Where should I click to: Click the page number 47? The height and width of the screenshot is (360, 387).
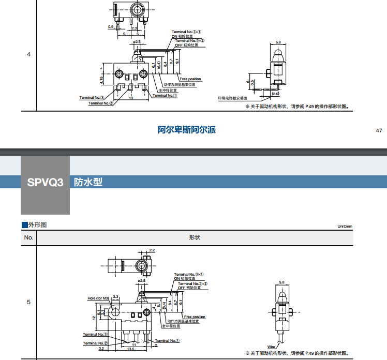(x=379, y=130)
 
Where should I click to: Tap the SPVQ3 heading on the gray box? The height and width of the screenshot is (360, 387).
(x=45, y=182)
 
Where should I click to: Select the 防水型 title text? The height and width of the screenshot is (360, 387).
(x=88, y=182)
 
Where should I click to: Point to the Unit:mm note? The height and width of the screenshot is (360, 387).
(x=345, y=226)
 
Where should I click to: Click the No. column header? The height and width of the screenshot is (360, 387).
(x=28, y=237)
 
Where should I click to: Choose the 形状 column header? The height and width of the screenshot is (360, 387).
(x=195, y=237)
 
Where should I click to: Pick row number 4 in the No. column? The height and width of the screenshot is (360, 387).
(x=28, y=54)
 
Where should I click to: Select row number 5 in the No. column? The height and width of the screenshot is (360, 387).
(x=28, y=302)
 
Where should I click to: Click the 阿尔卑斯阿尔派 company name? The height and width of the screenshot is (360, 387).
(x=187, y=130)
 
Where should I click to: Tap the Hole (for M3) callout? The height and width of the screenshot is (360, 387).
(x=98, y=298)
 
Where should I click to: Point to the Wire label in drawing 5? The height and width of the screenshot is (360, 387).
(x=271, y=346)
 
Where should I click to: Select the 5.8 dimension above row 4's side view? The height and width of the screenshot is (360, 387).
(x=278, y=41)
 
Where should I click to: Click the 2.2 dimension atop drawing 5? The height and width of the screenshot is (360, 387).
(x=152, y=250)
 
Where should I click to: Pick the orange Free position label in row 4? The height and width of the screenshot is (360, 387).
(x=190, y=79)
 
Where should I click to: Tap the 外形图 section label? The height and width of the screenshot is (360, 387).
(x=37, y=225)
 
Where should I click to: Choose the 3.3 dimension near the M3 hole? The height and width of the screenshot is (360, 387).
(x=115, y=296)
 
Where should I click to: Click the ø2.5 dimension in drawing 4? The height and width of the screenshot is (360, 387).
(x=137, y=41)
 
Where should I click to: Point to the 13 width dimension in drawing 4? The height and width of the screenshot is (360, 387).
(x=131, y=97)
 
